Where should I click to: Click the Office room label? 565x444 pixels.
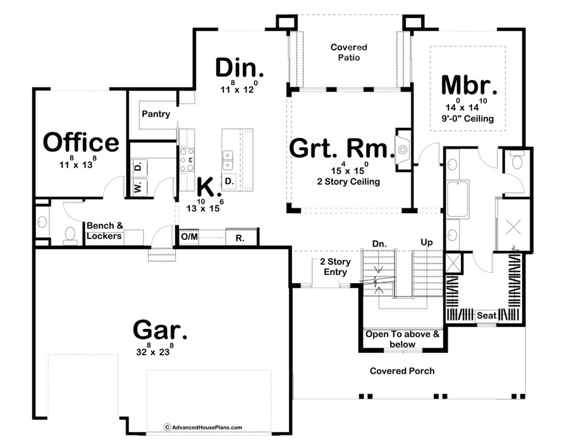pos(81,142)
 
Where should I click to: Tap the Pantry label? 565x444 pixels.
pos(156,114)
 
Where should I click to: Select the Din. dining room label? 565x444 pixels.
pos(239,68)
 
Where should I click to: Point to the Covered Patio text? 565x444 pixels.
pos(349,52)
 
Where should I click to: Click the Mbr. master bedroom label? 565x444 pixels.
pos(469,85)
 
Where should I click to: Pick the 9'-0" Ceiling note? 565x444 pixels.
pos(468,119)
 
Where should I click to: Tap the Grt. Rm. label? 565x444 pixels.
pos(342,148)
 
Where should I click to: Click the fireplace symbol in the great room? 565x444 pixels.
pos(403,149)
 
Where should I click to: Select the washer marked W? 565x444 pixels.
pos(138,187)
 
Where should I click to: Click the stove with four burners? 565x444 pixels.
pos(186,160)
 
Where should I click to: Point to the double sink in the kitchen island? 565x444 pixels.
pos(227,161)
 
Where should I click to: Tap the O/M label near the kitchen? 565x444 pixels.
pos(189,237)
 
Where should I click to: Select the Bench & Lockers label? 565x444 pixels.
pos(104,231)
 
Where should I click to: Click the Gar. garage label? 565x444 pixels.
pos(160,329)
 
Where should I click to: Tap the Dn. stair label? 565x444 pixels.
pos(379,244)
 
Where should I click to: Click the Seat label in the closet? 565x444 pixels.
pos(487,316)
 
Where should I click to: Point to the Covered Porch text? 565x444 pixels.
pos(402,371)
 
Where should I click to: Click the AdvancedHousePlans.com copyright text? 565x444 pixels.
pos(203,427)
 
